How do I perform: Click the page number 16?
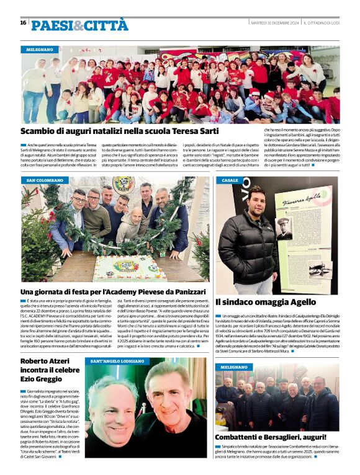(x=23, y=24)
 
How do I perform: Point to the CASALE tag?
(x=230, y=180)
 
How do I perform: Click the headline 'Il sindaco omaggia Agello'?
(x=266, y=302)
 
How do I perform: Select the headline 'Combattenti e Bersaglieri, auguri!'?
(x=272, y=438)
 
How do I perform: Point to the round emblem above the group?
(x=124, y=184)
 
